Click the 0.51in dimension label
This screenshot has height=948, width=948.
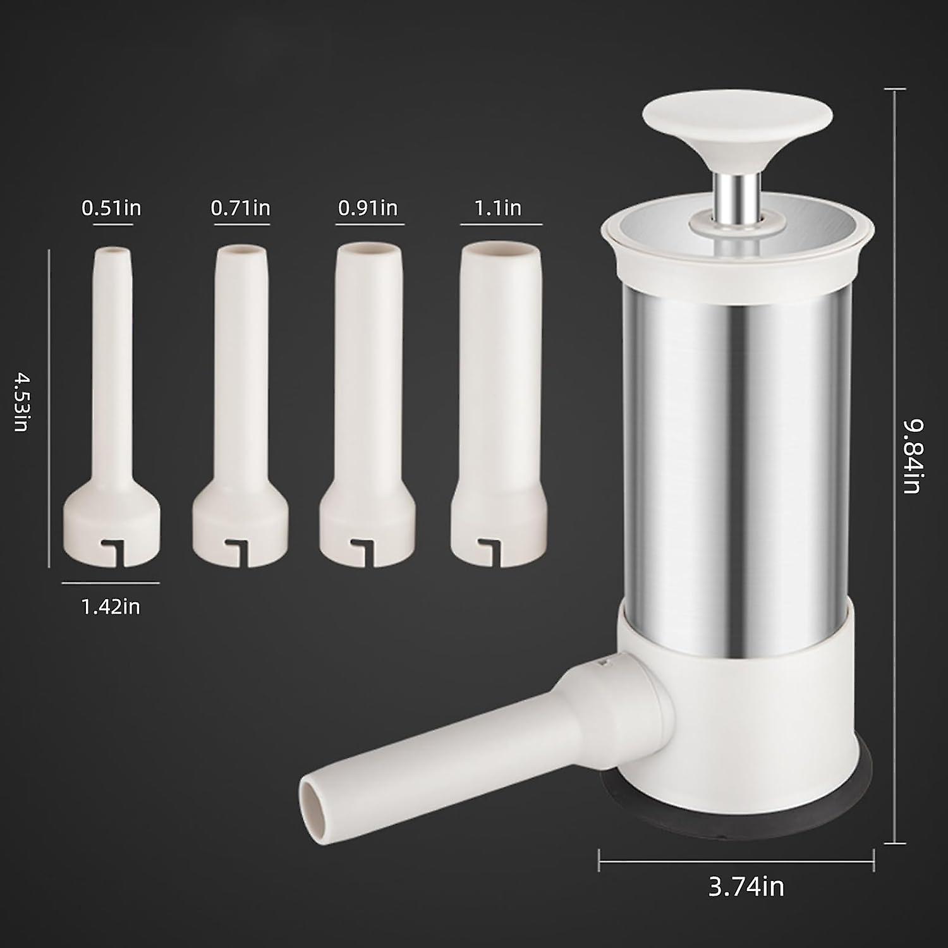pyautogui.click(x=111, y=208)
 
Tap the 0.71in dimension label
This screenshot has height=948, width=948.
pyautogui.click(x=241, y=208)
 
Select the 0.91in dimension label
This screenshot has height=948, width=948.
pyautogui.click(x=368, y=208)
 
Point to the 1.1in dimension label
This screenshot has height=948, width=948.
pyautogui.click(x=498, y=208)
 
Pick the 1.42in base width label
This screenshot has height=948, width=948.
pyautogui.click(x=111, y=607)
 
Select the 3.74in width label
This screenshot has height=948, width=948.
pyautogui.click(x=746, y=886)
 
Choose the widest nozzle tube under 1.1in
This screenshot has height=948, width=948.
pyautogui.click(x=498, y=367)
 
